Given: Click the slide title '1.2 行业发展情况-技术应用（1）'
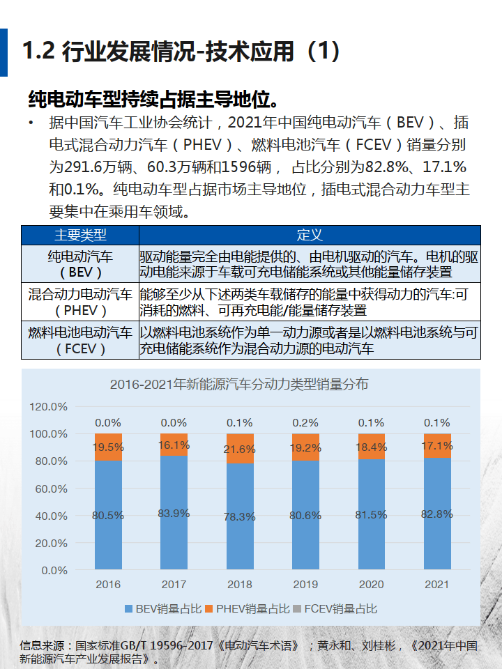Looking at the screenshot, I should pyautogui.click(x=181, y=52).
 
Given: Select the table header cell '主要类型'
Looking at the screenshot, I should pyautogui.click(x=80, y=235).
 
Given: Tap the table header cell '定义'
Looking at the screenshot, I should pyautogui.click(x=310, y=235).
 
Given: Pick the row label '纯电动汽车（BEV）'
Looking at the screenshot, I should pyautogui.click(x=80, y=263).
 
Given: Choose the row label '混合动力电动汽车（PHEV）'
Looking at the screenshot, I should pyautogui.click(x=80, y=302).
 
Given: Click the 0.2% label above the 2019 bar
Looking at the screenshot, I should pyautogui.click(x=305, y=422).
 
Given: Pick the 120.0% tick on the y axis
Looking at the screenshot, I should pyautogui.click(x=48, y=406).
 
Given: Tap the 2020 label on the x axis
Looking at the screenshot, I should pyautogui.click(x=371, y=585).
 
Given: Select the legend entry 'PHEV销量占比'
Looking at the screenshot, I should pyautogui.click(x=248, y=609).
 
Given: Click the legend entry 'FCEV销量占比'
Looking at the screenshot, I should pyautogui.click(x=335, y=609).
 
